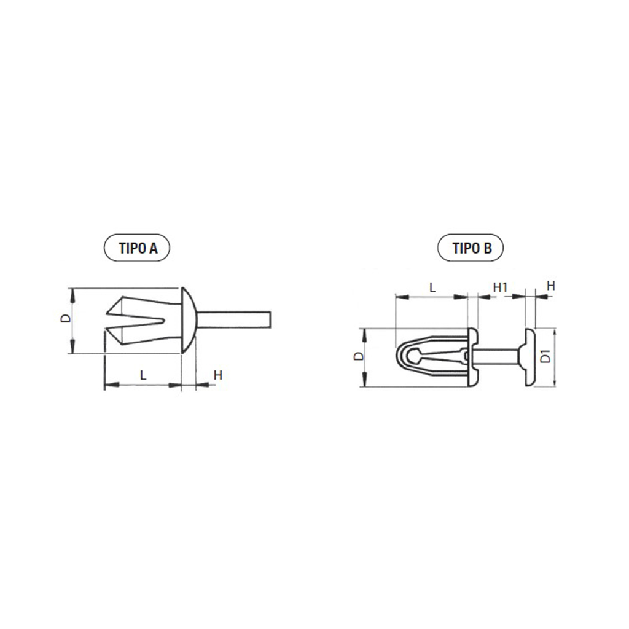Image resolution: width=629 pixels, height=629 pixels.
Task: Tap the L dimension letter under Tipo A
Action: [143, 375]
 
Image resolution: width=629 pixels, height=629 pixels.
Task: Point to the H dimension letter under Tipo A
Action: [218, 375]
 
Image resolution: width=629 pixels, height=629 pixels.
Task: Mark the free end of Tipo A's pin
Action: [270, 319]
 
